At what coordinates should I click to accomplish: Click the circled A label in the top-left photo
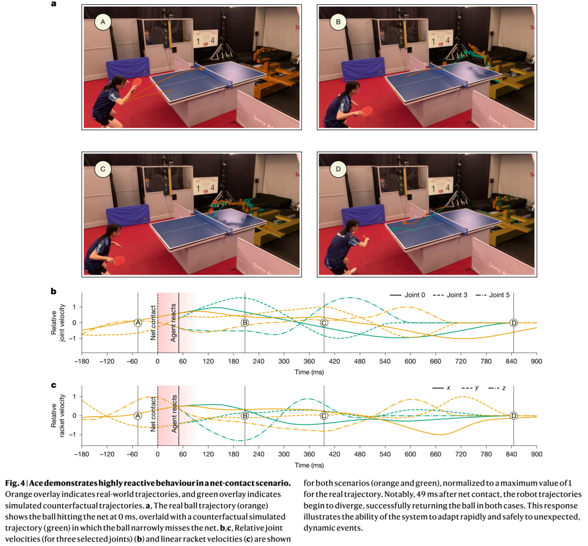point(102,22)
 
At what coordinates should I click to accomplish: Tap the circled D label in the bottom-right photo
point(338,169)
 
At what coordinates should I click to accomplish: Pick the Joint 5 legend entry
point(497,295)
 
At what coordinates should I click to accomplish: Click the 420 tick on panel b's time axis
point(334,360)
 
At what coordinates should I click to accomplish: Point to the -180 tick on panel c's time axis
point(82,454)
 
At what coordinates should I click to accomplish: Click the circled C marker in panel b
point(324,322)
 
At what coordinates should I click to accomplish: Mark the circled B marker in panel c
point(245,415)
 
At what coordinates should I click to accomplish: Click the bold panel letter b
point(54,291)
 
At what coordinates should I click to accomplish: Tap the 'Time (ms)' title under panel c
point(309,465)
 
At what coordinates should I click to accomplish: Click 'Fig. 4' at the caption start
point(16,482)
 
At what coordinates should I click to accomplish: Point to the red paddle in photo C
point(118,260)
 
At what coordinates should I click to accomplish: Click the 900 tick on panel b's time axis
point(537,360)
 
